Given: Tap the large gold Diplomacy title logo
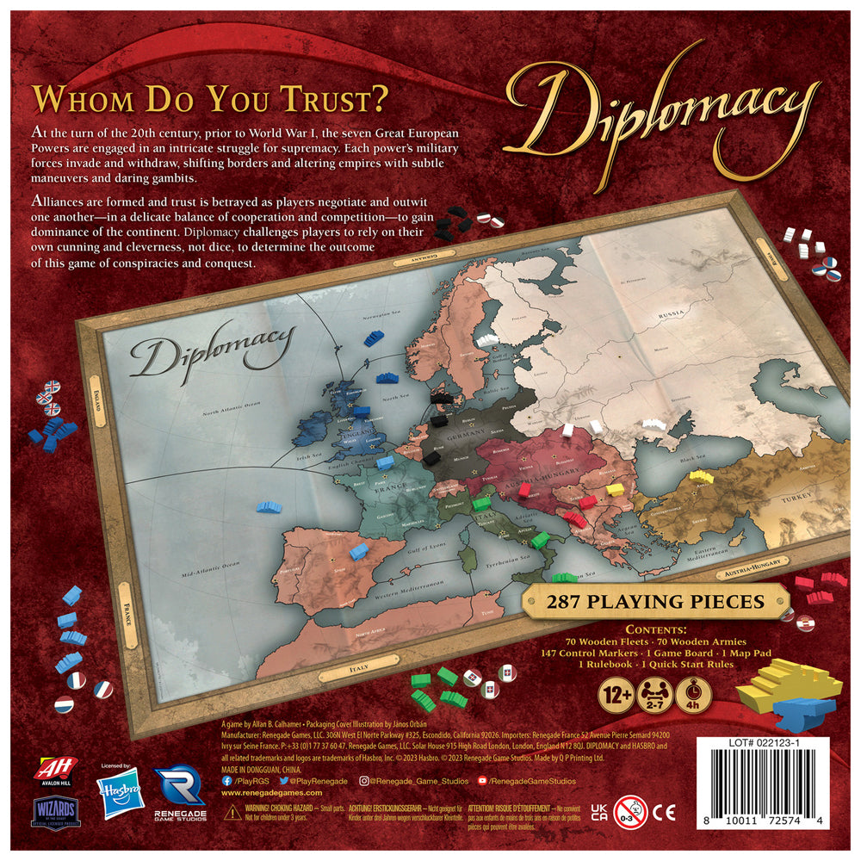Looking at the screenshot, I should tap(658, 107).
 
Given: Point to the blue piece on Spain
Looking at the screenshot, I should tap(357, 548).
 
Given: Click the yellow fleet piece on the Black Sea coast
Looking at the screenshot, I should tap(702, 474).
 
